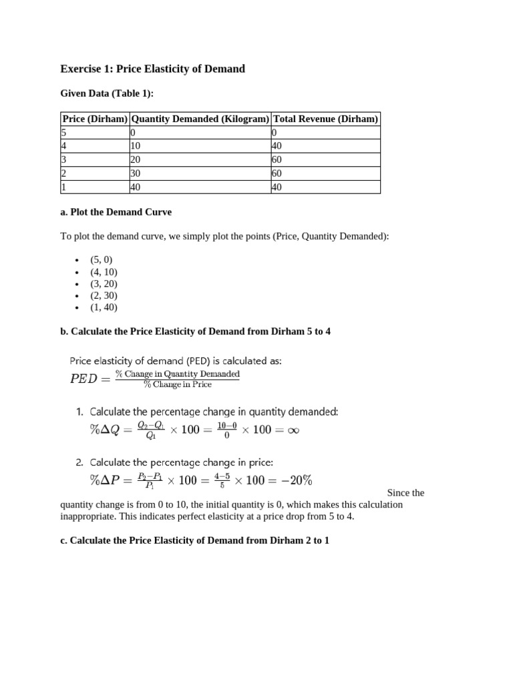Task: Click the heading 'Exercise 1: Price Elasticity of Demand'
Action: (152, 69)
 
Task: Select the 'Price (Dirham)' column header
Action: (95, 119)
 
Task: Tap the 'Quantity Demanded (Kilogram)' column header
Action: (200, 119)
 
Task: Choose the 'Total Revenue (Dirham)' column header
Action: (325, 119)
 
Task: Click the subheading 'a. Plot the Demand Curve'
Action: (116, 212)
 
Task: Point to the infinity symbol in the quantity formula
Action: (293, 430)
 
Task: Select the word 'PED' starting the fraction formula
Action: (87, 379)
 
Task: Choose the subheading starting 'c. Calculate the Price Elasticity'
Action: (194, 540)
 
